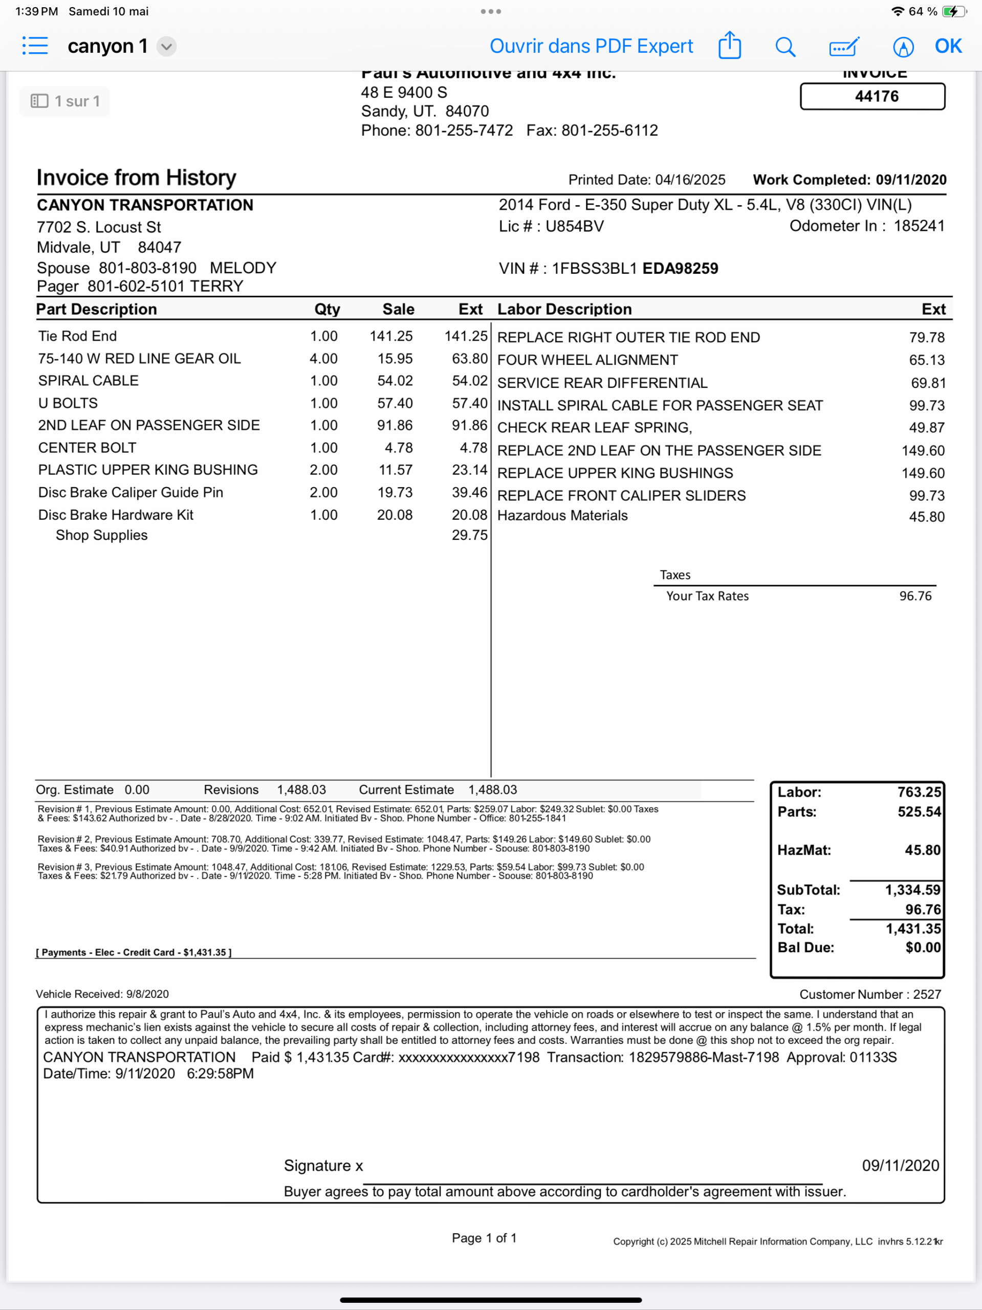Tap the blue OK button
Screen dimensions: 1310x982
(x=948, y=46)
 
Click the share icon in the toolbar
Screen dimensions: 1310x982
(x=729, y=46)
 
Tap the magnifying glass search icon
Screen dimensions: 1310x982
(x=785, y=46)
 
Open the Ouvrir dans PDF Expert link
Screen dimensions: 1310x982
(x=591, y=46)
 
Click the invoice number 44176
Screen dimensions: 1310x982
(x=876, y=97)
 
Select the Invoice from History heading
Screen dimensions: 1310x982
(x=136, y=178)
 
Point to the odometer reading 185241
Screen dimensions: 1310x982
(x=919, y=226)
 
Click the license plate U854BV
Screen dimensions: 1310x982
(x=575, y=226)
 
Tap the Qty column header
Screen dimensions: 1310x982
(x=327, y=309)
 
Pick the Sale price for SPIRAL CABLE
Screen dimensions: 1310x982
(x=395, y=381)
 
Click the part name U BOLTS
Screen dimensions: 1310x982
(x=68, y=403)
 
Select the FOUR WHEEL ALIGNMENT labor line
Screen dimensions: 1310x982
(x=587, y=360)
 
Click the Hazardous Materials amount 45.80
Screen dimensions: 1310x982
(x=927, y=516)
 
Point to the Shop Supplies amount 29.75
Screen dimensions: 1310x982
(x=470, y=535)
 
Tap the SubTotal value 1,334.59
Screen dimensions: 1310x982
(x=912, y=889)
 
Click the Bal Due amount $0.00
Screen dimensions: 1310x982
(x=923, y=948)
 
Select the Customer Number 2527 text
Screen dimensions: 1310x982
(x=870, y=994)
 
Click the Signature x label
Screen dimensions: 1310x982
(x=323, y=1166)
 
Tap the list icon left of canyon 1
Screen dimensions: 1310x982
(x=35, y=46)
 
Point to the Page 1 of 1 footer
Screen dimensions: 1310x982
(x=484, y=1238)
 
